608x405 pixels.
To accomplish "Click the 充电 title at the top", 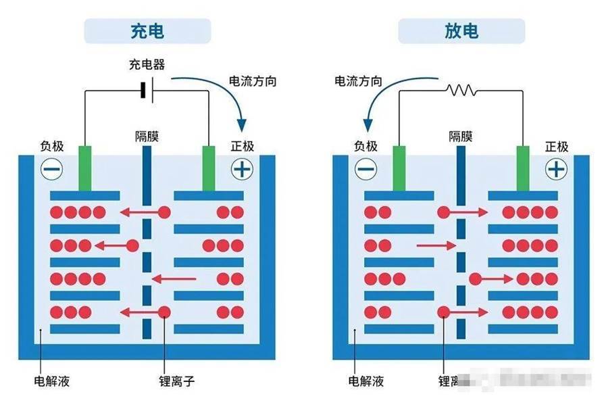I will (x=147, y=31).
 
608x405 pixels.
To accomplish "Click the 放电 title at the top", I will (x=461, y=31).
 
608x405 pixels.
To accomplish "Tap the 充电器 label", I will (x=147, y=65).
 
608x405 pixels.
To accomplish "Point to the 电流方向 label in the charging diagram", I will (x=253, y=81).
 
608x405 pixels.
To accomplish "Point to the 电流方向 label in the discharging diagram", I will (x=358, y=81).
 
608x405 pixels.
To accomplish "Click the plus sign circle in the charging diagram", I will (x=242, y=169).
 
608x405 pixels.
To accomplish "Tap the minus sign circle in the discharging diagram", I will (x=365, y=169).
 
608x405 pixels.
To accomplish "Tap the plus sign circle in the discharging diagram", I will (x=556, y=169).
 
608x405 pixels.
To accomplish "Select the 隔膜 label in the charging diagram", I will (x=147, y=137).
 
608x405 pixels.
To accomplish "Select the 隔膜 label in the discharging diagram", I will (x=461, y=137).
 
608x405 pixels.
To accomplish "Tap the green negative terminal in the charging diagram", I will (x=84, y=168).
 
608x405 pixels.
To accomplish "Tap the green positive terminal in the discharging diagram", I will (x=522, y=168).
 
